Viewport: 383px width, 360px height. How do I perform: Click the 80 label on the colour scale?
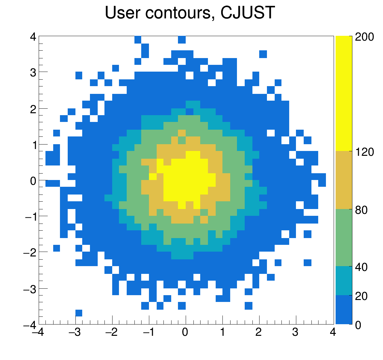[361, 210]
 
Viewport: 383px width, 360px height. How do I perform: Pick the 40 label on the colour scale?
[361, 267]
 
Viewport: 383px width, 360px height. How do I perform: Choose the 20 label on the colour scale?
[361, 296]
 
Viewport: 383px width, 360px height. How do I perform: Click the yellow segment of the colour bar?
[343, 94]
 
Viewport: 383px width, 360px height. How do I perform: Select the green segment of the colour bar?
[343, 237]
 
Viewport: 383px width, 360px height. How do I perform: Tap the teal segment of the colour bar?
[343, 281]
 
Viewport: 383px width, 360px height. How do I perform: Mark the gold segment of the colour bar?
[343, 180]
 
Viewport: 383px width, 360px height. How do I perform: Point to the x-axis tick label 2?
[259, 333]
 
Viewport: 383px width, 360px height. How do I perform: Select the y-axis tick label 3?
[33, 72]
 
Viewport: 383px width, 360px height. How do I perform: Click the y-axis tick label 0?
[33, 181]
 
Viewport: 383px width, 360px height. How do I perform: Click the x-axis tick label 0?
[185, 333]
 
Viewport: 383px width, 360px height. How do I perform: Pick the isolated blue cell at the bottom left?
[79, 313]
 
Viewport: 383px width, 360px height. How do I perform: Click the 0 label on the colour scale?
[358, 325]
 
